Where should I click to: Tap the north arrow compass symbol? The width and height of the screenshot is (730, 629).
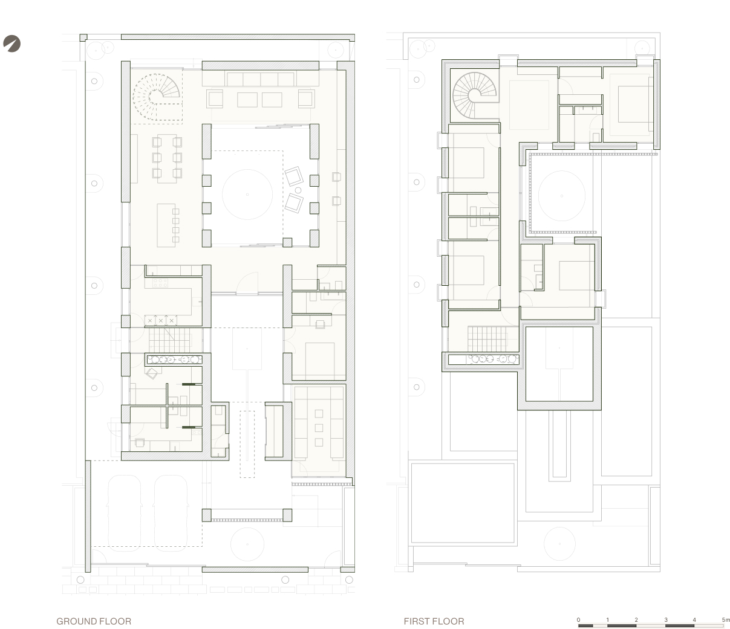pos(11,44)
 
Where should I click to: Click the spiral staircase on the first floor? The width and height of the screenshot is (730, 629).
pos(475,95)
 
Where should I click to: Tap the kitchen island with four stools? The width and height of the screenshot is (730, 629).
pos(168,225)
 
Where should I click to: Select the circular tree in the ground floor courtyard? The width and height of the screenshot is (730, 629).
pos(247,195)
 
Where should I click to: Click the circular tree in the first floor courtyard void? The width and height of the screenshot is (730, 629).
pos(561,196)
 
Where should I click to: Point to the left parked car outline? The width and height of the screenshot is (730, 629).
pos(125,513)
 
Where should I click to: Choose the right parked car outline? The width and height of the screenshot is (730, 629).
pos(171,513)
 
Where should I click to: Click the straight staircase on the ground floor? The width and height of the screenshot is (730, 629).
pos(170,340)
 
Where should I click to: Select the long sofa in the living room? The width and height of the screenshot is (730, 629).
pos(261,79)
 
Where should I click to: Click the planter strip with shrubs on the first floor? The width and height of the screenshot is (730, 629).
pos(484,360)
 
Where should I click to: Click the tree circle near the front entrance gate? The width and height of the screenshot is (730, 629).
pos(247,544)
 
